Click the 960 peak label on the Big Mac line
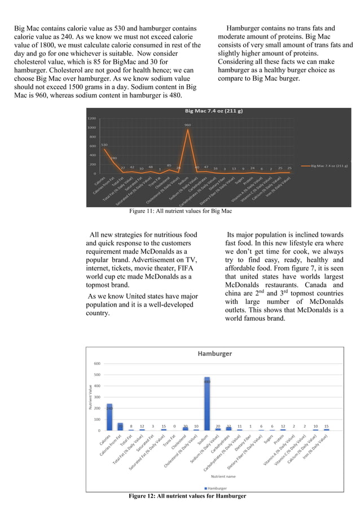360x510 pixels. tap(188, 124)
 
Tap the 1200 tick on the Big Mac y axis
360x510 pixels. tap(91, 119)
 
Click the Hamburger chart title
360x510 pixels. tap(214, 354)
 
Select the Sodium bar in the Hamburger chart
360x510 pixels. tap(207, 403)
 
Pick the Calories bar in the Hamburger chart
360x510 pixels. tap(109, 417)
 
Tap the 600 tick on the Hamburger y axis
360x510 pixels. tap(97, 364)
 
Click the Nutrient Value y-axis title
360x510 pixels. tap(89, 397)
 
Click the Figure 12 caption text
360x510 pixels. tap(187, 496)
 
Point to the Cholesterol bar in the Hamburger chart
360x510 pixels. tap(185, 429)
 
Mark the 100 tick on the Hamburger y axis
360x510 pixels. tap(97, 419)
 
